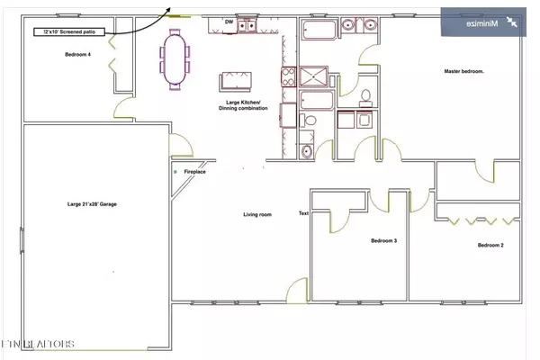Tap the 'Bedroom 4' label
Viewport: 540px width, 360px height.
click(x=77, y=55)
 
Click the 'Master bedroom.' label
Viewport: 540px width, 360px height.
click(x=464, y=71)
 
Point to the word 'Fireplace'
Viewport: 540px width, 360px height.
click(x=194, y=171)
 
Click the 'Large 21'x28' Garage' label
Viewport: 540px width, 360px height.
click(x=92, y=204)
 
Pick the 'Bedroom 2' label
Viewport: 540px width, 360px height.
click(x=490, y=246)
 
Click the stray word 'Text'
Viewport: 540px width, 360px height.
click(x=303, y=213)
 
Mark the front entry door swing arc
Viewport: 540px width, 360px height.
click(x=293, y=290)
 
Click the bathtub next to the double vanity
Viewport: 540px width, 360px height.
click(x=319, y=33)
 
